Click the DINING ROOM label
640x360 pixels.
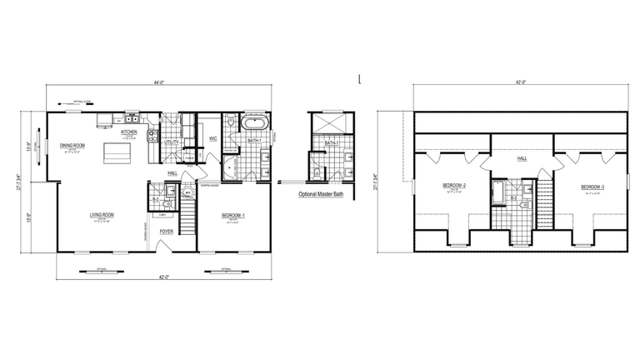(x=72, y=146)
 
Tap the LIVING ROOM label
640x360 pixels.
(x=102, y=215)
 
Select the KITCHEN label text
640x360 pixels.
(x=129, y=132)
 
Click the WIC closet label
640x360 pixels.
(x=212, y=139)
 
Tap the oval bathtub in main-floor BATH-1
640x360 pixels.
(x=252, y=125)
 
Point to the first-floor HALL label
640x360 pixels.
(x=172, y=172)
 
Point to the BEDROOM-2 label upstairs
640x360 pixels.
(x=454, y=186)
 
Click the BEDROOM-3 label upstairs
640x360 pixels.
(x=592, y=186)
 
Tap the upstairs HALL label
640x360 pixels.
(x=522, y=157)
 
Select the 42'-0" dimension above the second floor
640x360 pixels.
(x=522, y=83)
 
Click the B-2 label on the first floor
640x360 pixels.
(x=156, y=200)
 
